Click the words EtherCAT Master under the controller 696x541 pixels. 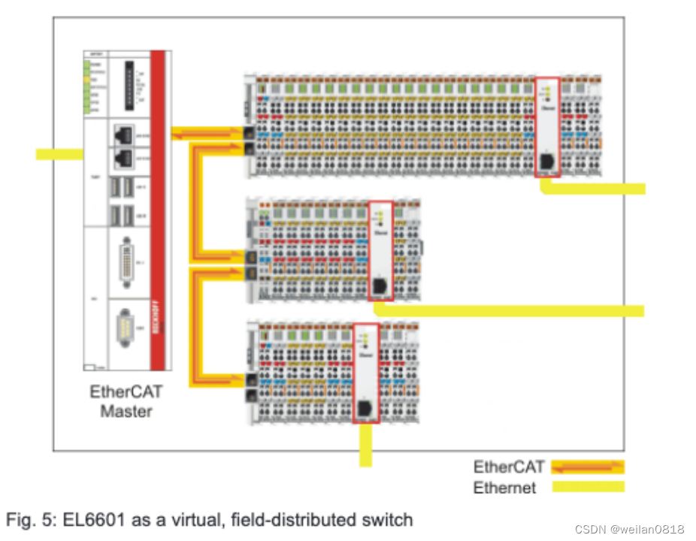126,401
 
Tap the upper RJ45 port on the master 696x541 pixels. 123,136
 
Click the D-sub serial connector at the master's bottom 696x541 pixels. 123,330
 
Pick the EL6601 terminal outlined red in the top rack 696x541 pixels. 547,127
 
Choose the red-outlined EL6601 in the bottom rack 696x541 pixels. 365,373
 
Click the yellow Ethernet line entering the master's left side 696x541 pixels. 59,154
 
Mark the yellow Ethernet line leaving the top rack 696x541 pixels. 594,188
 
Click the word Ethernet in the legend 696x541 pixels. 504,488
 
